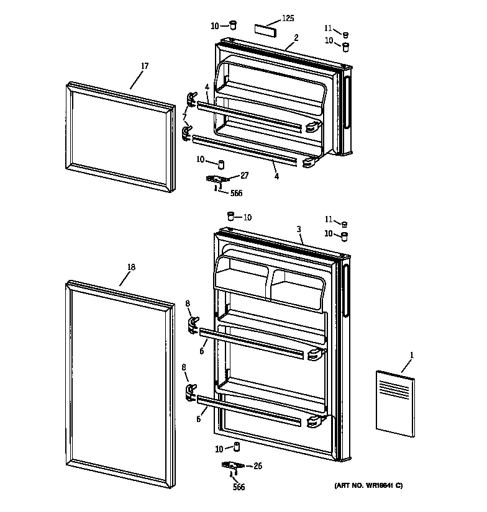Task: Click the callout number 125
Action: pyautogui.click(x=288, y=19)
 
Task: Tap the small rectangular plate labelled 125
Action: pyautogui.click(x=263, y=30)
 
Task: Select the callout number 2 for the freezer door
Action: pyautogui.click(x=296, y=38)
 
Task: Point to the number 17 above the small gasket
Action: pyautogui.click(x=144, y=66)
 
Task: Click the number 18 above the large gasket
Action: pyautogui.click(x=130, y=267)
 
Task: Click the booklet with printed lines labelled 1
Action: pyautogui.click(x=394, y=400)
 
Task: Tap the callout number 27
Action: pyautogui.click(x=244, y=176)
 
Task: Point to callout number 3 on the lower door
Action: pyautogui.click(x=299, y=230)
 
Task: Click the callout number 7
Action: pyautogui.click(x=184, y=117)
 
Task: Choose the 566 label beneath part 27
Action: pyautogui.click(x=235, y=193)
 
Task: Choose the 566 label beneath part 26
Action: pyautogui.click(x=239, y=487)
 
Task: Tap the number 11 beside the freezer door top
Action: pyautogui.click(x=328, y=28)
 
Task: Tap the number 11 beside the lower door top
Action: pyautogui.click(x=328, y=219)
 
